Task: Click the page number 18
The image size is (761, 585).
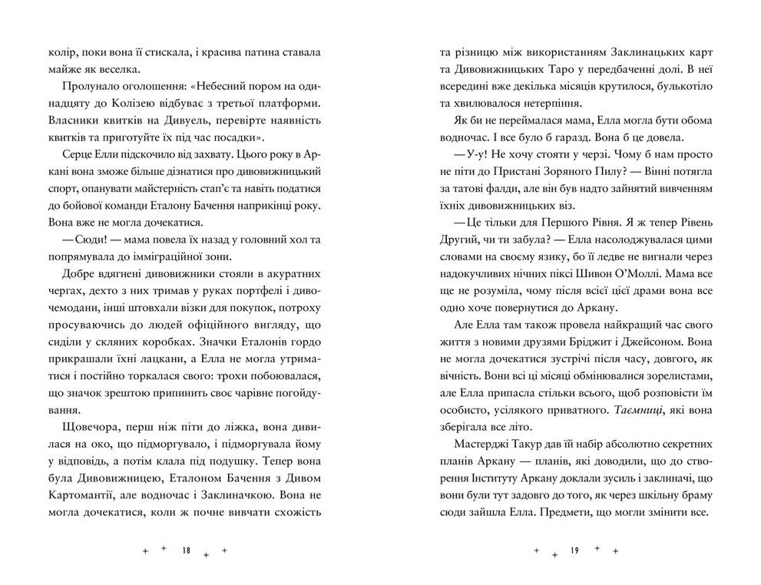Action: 187,551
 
